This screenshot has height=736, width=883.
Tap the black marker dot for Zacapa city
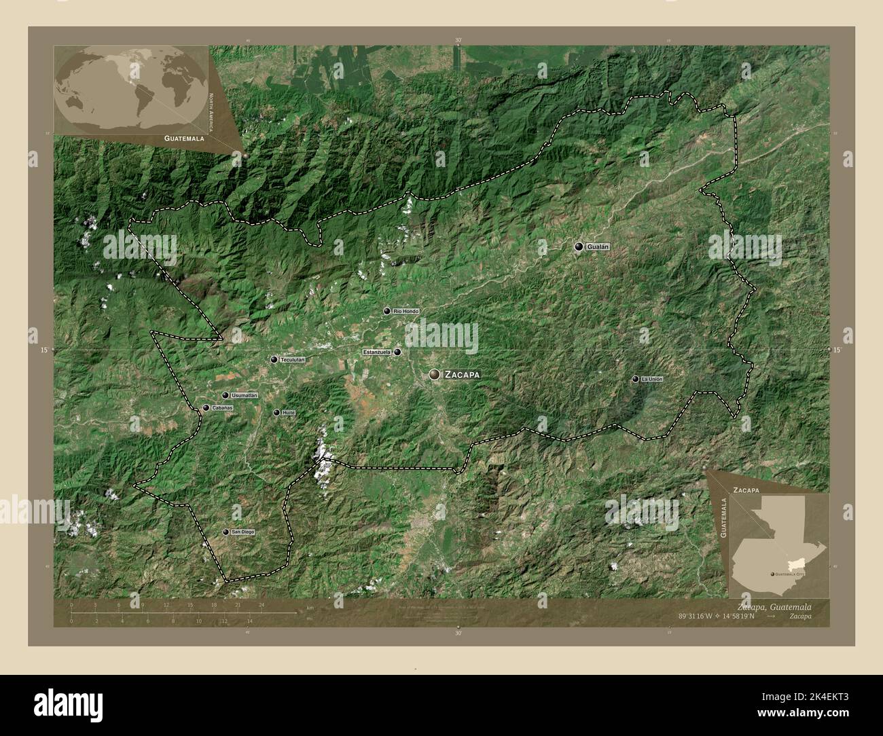[x=434, y=373]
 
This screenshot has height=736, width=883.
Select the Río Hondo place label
[x=406, y=311]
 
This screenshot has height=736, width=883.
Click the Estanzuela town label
[x=377, y=352]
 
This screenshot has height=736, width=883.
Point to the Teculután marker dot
[x=274, y=359]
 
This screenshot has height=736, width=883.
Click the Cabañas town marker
[x=206, y=407]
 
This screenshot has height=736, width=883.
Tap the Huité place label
[x=289, y=412]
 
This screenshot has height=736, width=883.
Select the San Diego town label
[x=242, y=532]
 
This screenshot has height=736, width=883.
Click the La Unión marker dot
[x=635, y=379]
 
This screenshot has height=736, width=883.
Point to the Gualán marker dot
[x=578, y=247]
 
